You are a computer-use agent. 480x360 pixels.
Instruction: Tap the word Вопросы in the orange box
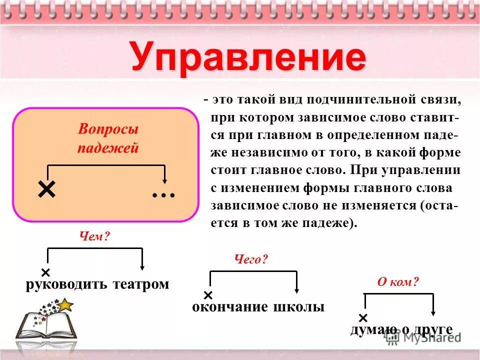coord(108,129)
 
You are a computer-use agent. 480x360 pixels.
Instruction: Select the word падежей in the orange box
coord(108,148)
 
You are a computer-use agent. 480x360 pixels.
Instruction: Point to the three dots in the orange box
coord(164,193)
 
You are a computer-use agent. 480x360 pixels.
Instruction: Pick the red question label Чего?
coord(251,259)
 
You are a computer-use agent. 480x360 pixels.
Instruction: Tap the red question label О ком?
coord(398,282)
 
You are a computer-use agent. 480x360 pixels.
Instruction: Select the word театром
coord(141,284)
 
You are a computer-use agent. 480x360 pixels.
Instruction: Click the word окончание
coord(230,307)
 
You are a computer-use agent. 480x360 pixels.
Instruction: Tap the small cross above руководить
coord(45,272)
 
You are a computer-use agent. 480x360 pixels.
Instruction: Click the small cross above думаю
coord(363,318)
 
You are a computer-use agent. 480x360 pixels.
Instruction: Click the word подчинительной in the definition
coord(349,99)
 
